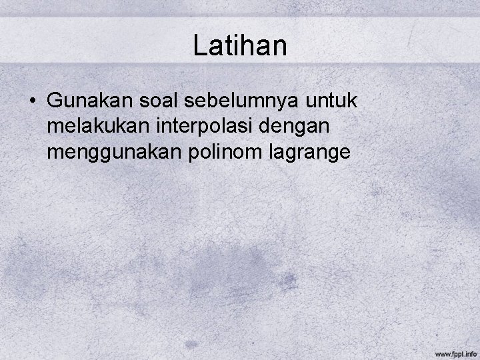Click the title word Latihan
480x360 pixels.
tap(240, 46)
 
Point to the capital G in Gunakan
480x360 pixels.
tap(55, 101)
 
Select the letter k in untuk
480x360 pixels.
tap(353, 101)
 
